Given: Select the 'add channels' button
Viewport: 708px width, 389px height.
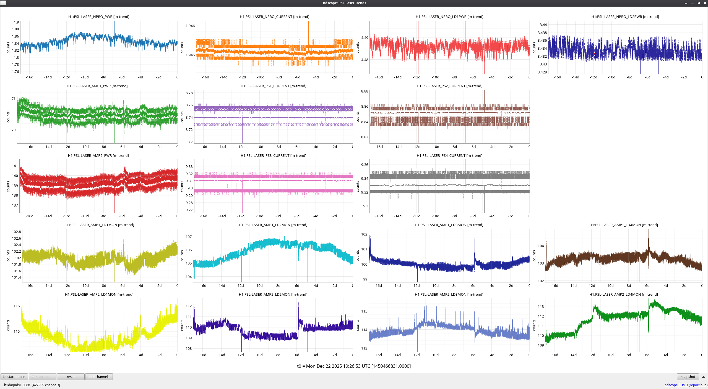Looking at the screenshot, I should pos(99,377).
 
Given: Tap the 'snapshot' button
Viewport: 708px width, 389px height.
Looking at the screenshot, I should pos(688,377).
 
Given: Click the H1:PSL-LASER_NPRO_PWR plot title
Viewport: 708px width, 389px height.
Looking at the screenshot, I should pos(99,17).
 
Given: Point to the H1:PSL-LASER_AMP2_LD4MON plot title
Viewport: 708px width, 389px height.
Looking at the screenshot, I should pos(623,294).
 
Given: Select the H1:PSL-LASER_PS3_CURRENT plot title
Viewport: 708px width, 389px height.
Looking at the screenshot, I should pos(273,155).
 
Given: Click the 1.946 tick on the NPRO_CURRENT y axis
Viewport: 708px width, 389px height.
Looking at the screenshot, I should pos(190,26).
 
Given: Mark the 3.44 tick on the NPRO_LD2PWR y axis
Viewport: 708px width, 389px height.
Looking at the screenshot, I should pos(543,25).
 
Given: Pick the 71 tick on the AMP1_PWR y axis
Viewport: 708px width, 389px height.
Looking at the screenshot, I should pos(14,99).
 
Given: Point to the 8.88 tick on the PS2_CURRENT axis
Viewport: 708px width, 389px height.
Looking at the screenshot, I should pos(365,91).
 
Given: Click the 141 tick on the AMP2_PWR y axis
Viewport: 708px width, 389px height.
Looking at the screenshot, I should pos(15,166).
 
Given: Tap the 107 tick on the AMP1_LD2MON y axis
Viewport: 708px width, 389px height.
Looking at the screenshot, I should pos(189,237).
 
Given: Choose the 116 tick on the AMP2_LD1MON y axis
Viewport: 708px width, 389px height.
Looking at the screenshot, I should pos(17,306).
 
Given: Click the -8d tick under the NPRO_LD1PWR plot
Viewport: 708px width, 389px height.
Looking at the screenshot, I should pos(454,77).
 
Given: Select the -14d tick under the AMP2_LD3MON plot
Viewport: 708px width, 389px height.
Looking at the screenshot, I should pos(397,355).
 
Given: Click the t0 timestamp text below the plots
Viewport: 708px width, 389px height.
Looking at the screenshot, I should pos(354,366).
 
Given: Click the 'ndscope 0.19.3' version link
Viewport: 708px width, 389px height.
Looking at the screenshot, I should pos(676,385).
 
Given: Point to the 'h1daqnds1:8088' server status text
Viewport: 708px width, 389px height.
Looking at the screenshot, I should pos(17,385).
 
